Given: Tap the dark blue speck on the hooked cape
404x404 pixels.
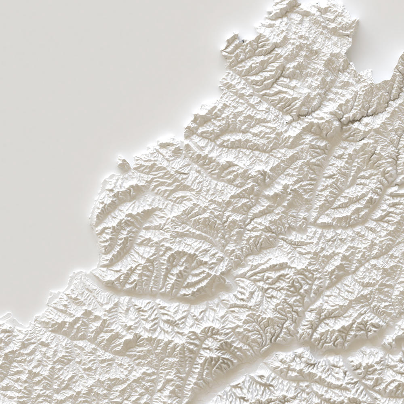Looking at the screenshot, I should (x=243, y=40).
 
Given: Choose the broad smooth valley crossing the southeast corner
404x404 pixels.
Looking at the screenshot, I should (x=291, y=356).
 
